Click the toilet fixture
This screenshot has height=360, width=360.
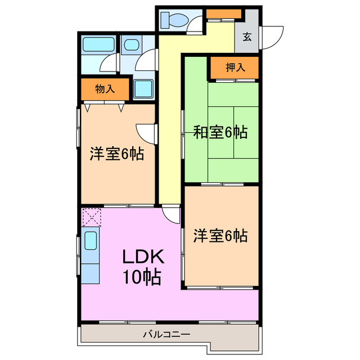174,20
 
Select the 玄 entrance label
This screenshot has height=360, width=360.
247,38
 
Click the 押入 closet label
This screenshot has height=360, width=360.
235,67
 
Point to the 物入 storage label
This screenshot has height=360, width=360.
105,88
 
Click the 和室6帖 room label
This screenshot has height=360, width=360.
220,133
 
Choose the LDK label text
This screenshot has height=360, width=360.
143,257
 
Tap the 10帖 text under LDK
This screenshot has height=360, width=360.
143,277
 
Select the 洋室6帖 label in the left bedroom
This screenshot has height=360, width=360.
116,154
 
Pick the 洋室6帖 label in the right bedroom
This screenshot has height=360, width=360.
220,235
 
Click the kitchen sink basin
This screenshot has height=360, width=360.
91,241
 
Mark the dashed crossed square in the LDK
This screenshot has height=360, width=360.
91,217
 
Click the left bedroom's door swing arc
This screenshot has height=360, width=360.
148,133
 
